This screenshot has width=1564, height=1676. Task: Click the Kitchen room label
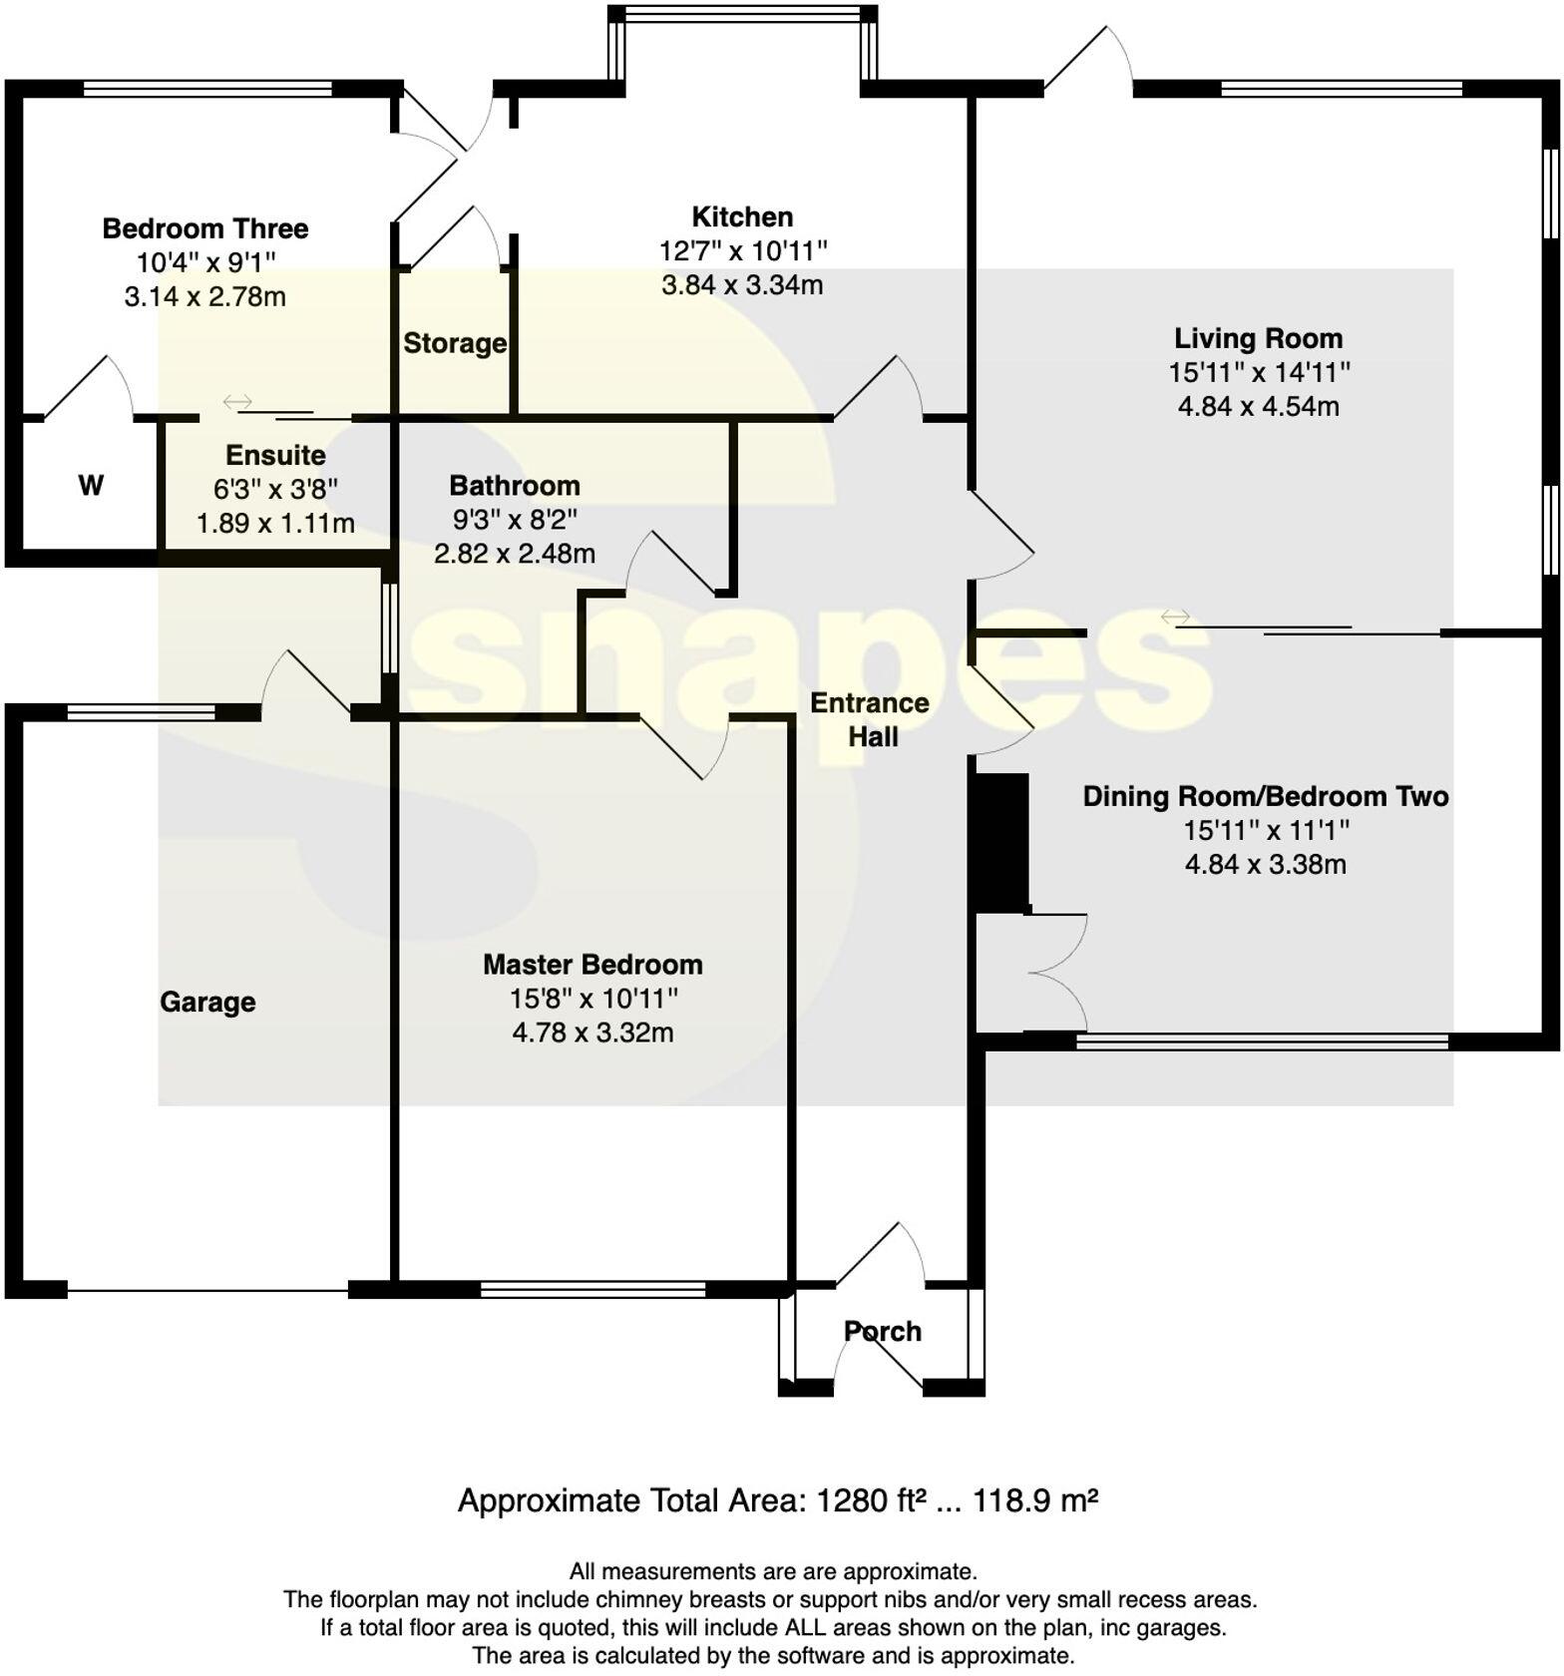(x=742, y=216)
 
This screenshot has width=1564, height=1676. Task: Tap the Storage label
(x=454, y=343)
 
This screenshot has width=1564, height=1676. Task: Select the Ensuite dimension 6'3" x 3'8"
(x=275, y=489)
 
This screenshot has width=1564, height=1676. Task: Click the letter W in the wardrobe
(x=91, y=486)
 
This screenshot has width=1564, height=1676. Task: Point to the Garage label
(x=207, y=1002)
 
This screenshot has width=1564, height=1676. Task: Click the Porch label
(x=882, y=1331)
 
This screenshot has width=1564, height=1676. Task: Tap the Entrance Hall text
(x=870, y=719)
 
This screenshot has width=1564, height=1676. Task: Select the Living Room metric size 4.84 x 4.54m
(x=1258, y=406)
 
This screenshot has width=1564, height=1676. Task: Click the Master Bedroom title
(x=592, y=964)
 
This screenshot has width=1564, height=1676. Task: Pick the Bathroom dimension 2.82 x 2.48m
(x=514, y=553)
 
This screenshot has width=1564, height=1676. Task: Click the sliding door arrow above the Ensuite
(x=237, y=402)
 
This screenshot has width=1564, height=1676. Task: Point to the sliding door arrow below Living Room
(x=1176, y=619)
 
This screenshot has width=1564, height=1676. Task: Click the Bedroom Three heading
(x=205, y=228)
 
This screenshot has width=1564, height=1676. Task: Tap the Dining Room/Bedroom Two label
(x=1265, y=796)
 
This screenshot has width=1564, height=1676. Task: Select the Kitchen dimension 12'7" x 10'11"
(x=742, y=250)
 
